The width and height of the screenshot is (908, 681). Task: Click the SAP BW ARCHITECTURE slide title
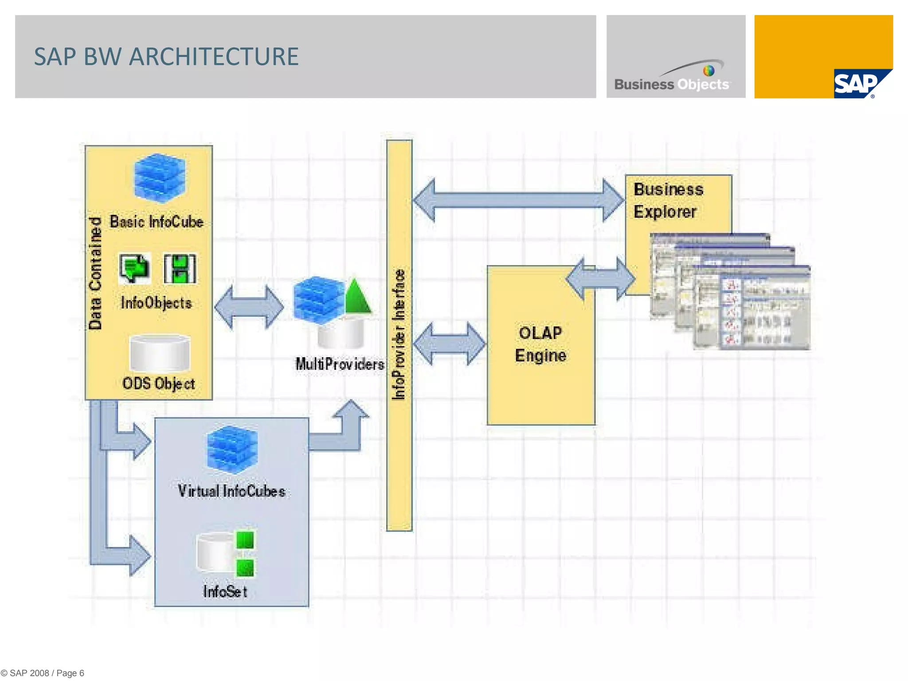(166, 57)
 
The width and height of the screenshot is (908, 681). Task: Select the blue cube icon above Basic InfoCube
(160, 177)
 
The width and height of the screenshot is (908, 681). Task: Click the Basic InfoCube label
(157, 222)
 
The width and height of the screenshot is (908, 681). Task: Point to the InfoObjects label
(156, 303)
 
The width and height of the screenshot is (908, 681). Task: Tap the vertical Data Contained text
(95, 274)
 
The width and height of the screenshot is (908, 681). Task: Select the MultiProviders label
(340, 364)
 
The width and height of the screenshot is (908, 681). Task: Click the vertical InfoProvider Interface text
(399, 335)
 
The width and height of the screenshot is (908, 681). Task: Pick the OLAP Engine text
(540, 344)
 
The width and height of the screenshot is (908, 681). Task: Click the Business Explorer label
(668, 200)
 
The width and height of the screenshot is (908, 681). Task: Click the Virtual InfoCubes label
(231, 491)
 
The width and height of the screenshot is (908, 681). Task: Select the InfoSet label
(225, 591)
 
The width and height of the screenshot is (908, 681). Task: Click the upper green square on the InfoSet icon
(245, 540)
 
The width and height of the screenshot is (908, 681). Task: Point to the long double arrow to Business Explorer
(518, 200)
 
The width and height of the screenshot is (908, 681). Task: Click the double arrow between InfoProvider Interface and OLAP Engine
(449, 344)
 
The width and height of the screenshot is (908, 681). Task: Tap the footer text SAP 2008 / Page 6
(43, 673)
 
